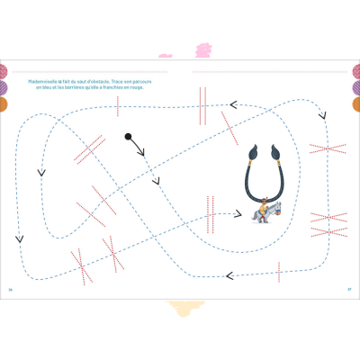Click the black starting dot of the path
128,137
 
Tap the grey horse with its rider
262,211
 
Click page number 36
11,288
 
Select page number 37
348,288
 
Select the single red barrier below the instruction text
117,106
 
